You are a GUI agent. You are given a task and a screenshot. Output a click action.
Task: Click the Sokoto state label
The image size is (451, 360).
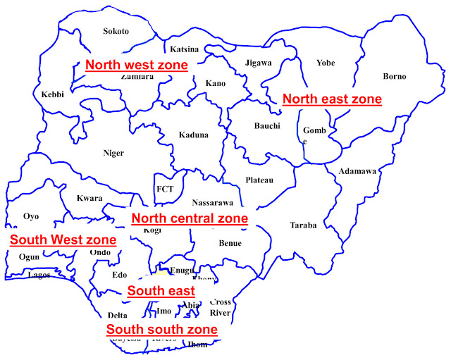(116, 31)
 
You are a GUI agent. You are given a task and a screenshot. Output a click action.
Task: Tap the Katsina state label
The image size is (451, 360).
(185, 49)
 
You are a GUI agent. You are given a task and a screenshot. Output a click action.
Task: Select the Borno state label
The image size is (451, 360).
(394, 76)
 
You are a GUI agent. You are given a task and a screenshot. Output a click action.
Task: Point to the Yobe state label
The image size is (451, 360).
(326, 63)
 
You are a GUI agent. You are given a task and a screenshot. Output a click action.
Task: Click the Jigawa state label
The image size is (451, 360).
(259, 63)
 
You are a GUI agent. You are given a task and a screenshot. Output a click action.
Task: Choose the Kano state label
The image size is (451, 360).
(216, 84)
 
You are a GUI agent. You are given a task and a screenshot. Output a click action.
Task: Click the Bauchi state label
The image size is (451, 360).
(267, 126)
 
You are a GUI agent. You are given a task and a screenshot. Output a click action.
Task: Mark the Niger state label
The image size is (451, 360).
(113, 153)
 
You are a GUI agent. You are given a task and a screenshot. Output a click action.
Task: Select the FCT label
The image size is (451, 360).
(165, 190)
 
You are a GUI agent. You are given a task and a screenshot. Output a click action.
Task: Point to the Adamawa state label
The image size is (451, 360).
(357, 171)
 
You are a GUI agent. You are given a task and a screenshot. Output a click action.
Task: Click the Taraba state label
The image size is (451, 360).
(303, 225)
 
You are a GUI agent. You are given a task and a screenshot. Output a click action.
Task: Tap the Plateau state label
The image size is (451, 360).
(259, 180)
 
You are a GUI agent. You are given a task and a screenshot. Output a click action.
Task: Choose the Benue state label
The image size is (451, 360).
(230, 243)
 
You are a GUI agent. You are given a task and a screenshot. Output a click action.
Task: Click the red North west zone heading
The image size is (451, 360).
(137, 66)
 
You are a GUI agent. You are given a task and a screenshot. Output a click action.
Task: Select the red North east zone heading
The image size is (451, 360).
(332, 99)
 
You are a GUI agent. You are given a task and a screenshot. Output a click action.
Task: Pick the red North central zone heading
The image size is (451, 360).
(190, 218)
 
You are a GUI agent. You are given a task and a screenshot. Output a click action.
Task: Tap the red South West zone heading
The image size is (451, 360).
(63, 240)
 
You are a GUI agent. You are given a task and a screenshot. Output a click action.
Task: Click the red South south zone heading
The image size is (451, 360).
(161, 329)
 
